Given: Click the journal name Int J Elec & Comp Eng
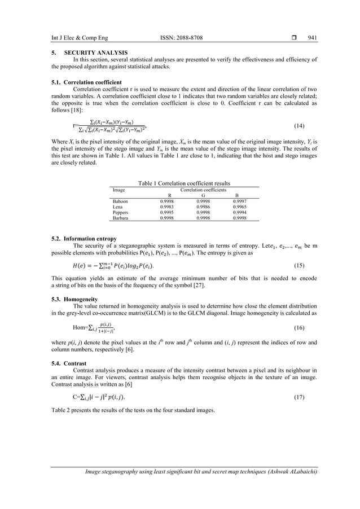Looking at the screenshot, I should (72, 37).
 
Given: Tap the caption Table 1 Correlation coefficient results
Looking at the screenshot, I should (180, 183).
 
